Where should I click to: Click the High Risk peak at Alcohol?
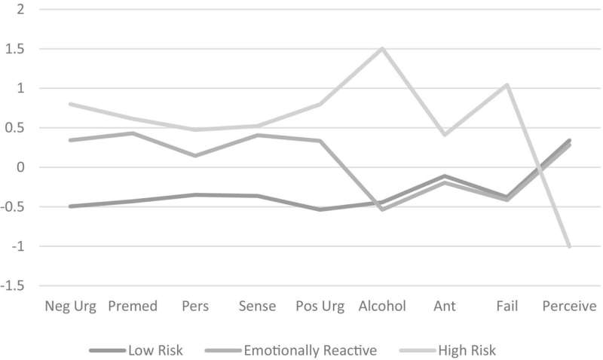pyautogui.click(x=382, y=49)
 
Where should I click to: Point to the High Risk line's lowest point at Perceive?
pyautogui.click(x=569, y=246)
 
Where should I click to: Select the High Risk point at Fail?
pyautogui.click(x=507, y=85)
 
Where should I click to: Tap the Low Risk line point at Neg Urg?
pyautogui.click(x=70, y=206)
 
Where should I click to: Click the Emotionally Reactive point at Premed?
pyautogui.click(x=133, y=133)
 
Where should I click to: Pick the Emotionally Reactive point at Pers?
pyautogui.click(x=195, y=156)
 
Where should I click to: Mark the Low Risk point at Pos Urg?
pyautogui.click(x=320, y=209)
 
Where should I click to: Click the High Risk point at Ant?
pyautogui.click(x=445, y=135)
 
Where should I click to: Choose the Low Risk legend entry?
pyautogui.click(x=136, y=349)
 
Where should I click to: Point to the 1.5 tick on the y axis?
pyautogui.click(x=15, y=49)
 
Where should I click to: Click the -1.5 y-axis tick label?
pyautogui.click(x=13, y=286)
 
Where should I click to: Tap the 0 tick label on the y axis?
pyautogui.click(x=21, y=167)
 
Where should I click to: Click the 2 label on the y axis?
pyautogui.click(x=21, y=10)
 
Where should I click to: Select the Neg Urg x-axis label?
pyautogui.click(x=69, y=307)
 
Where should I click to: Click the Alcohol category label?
pyautogui.click(x=382, y=307)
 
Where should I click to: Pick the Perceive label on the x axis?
pyautogui.click(x=569, y=307)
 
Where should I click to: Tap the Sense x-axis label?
pyautogui.click(x=257, y=307)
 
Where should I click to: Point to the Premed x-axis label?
pyautogui.click(x=133, y=307)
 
